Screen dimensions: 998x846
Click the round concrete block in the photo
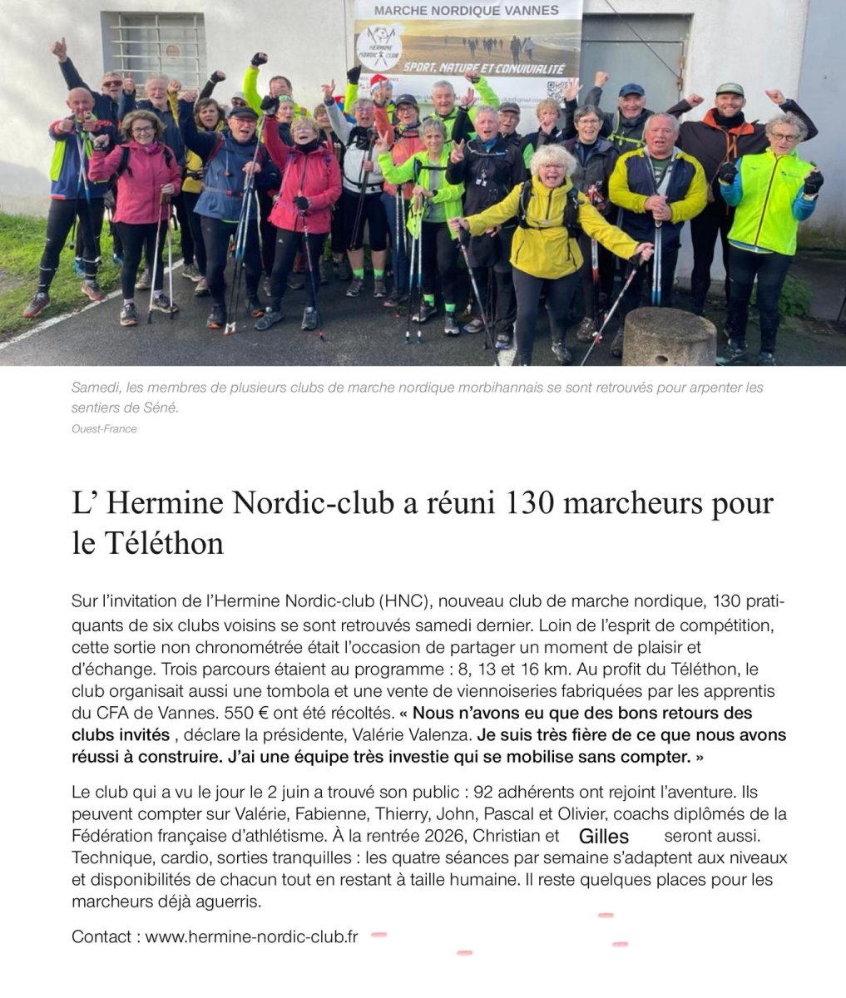click(x=669, y=336)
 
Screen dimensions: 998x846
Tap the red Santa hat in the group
click(x=379, y=82)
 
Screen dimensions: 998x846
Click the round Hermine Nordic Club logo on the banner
click(x=378, y=47)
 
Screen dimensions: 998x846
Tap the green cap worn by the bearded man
click(x=729, y=89)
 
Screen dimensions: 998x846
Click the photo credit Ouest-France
click(x=104, y=429)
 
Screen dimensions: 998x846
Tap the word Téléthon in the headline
click(x=165, y=544)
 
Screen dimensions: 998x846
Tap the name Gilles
click(x=603, y=837)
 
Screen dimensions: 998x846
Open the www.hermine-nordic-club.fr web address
click(x=251, y=936)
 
